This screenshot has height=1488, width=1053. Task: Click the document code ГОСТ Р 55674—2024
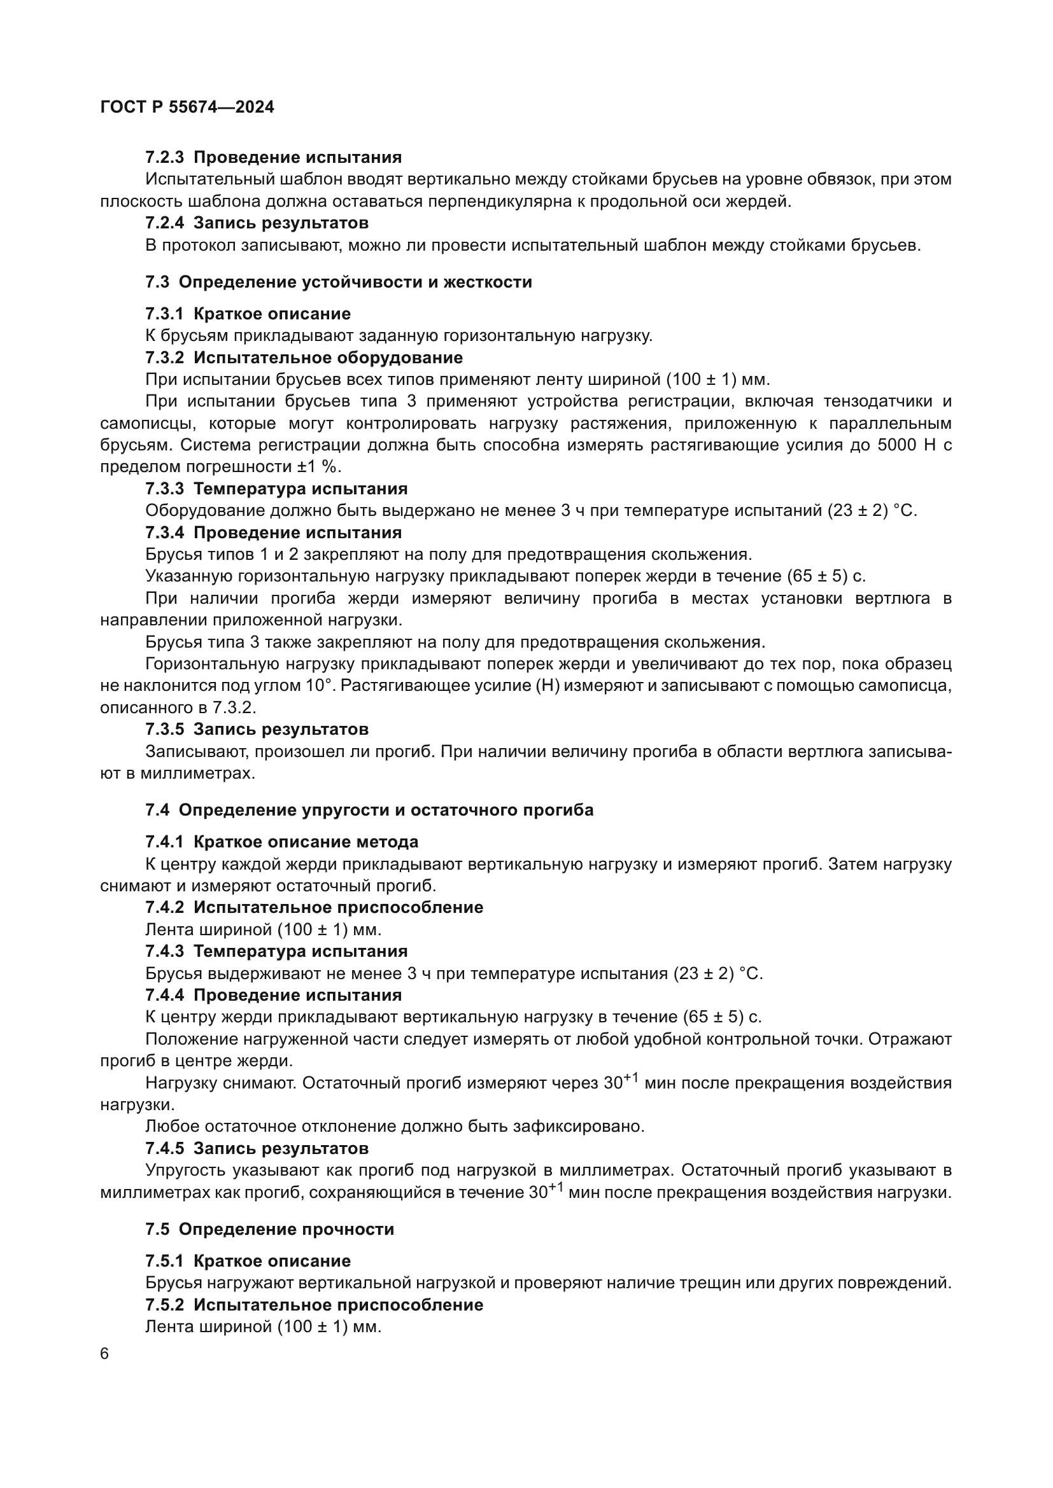(187, 108)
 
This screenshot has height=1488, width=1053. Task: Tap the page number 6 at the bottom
(104, 1354)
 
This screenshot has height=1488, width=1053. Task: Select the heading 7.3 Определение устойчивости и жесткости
(339, 282)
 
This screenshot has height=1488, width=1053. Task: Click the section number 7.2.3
(165, 158)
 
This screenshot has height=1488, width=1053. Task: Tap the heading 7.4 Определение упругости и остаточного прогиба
(369, 810)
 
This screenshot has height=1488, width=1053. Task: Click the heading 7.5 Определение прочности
(270, 1230)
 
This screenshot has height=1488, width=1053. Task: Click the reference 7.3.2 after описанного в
(234, 707)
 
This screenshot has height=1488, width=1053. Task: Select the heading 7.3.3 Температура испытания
(276, 489)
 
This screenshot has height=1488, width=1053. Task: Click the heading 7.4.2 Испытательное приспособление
(314, 907)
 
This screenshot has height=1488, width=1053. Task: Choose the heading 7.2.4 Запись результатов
(257, 223)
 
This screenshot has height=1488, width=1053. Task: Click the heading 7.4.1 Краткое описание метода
(281, 842)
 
